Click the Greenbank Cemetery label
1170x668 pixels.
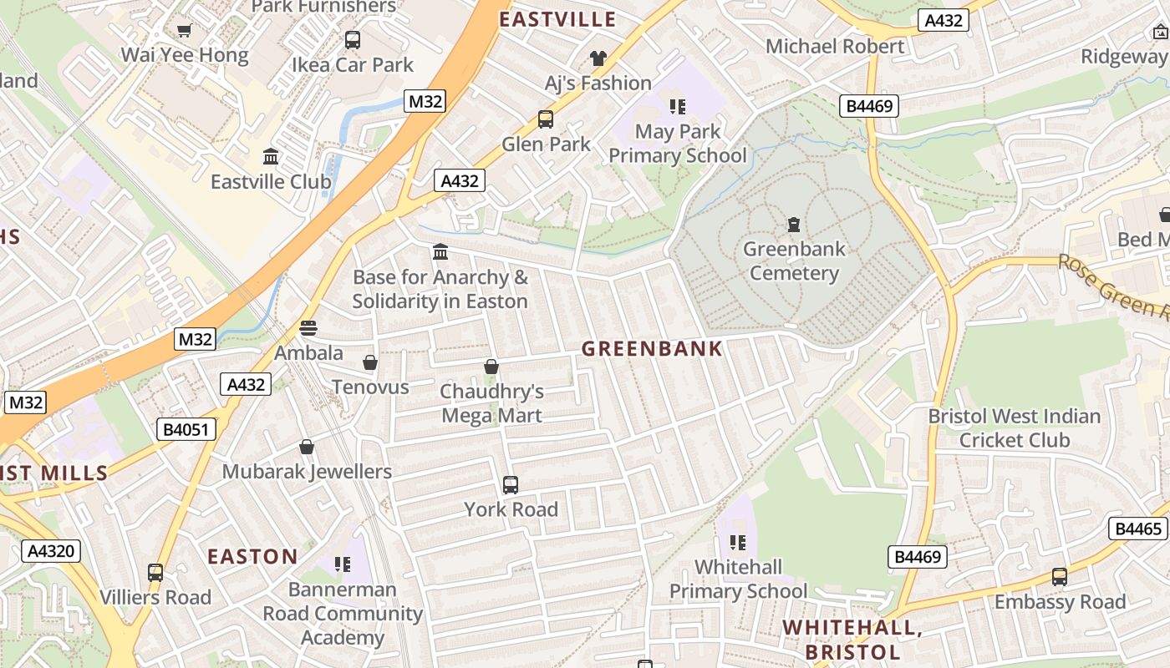794,261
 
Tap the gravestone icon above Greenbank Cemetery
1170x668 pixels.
793,224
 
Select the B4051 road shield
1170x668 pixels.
186,430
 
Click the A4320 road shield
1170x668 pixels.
52,551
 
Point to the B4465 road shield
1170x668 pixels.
1139,529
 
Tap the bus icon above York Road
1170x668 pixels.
510,484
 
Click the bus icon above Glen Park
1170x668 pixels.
546,119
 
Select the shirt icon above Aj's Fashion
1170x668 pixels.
598,58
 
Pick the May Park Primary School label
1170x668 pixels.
678,144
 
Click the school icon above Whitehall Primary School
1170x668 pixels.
737,543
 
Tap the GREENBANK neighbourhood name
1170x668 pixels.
652,349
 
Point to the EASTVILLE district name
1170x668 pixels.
557,19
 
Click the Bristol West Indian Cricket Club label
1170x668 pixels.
1015,428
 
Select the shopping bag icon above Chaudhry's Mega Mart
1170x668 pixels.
491,367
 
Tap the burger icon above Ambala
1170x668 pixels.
308,328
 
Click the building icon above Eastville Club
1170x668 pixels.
271,156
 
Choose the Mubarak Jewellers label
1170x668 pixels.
307,472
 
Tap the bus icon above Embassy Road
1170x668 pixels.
1060,576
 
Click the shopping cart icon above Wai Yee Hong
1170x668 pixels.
184,31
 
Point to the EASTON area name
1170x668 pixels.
252,557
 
